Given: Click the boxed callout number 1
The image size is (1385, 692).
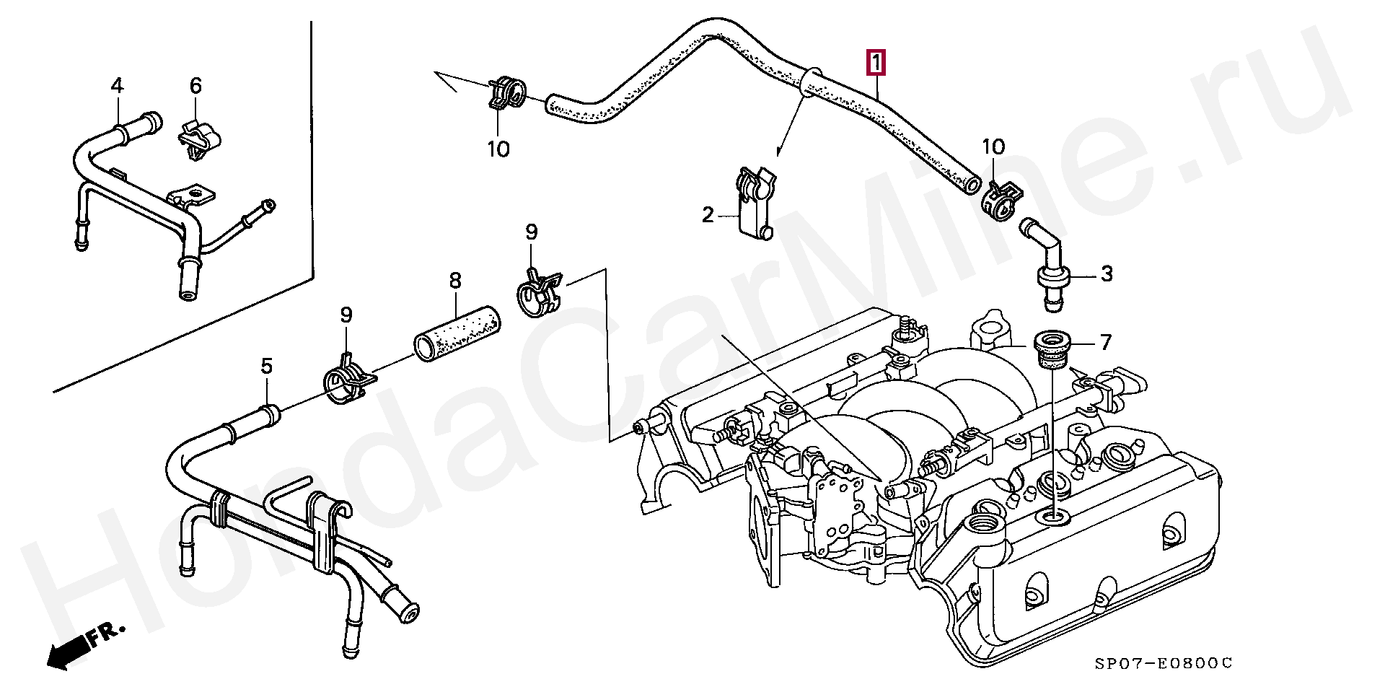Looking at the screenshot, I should point(876,63).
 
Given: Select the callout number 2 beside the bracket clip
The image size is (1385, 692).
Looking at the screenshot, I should point(708,214).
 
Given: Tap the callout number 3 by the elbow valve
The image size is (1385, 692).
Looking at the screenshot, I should point(1107,274).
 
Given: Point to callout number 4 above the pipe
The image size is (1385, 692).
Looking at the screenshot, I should point(117,86).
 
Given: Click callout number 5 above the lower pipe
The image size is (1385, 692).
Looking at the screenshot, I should point(267,367).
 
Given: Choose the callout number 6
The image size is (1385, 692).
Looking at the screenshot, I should point(195,86).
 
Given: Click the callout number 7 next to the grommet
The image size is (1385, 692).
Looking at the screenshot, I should point(1106,341).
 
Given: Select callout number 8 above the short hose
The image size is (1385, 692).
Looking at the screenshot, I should point(455,280).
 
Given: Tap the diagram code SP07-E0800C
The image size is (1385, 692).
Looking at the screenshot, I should point(1163,663).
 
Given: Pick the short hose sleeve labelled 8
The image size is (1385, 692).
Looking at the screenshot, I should point(457,331).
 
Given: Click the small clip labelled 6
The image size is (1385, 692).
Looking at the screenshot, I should point(198,138).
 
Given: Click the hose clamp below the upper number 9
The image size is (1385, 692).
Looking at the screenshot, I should point(540,292).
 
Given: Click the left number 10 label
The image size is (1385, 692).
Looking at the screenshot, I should point(498,149).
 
